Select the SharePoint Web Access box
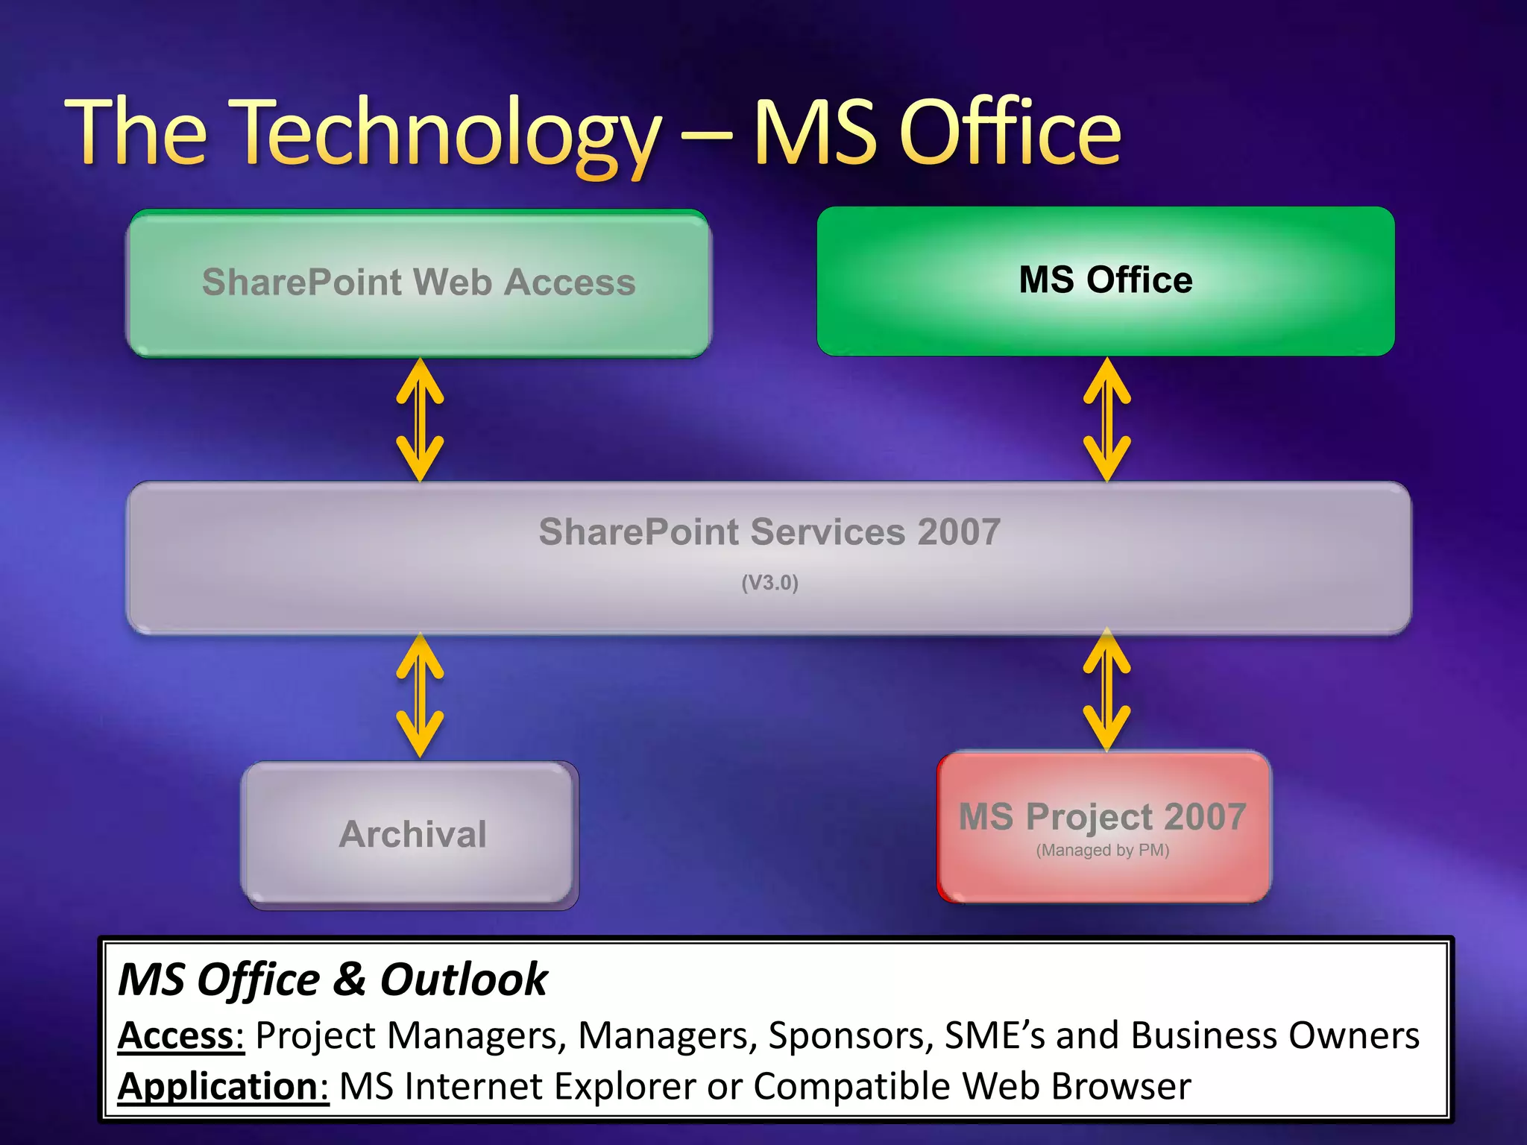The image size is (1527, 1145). [419, 283]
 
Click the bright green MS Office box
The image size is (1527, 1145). [1106, 281]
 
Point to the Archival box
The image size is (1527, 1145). [411, 833]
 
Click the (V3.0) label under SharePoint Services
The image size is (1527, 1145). [769, 583]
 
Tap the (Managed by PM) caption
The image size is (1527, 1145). [1102, 851]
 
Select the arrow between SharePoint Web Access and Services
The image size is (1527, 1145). [420, 420]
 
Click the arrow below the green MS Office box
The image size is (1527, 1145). [1106, 420]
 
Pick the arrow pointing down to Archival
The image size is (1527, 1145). [420, 695]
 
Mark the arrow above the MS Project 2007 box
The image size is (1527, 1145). [1106, 690]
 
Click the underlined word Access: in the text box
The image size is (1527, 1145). [181, 1035]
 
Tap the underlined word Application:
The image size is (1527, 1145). [223, 1086]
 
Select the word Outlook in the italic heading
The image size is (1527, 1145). [463, 980]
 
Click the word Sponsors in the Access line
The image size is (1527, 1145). [850, 1035]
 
